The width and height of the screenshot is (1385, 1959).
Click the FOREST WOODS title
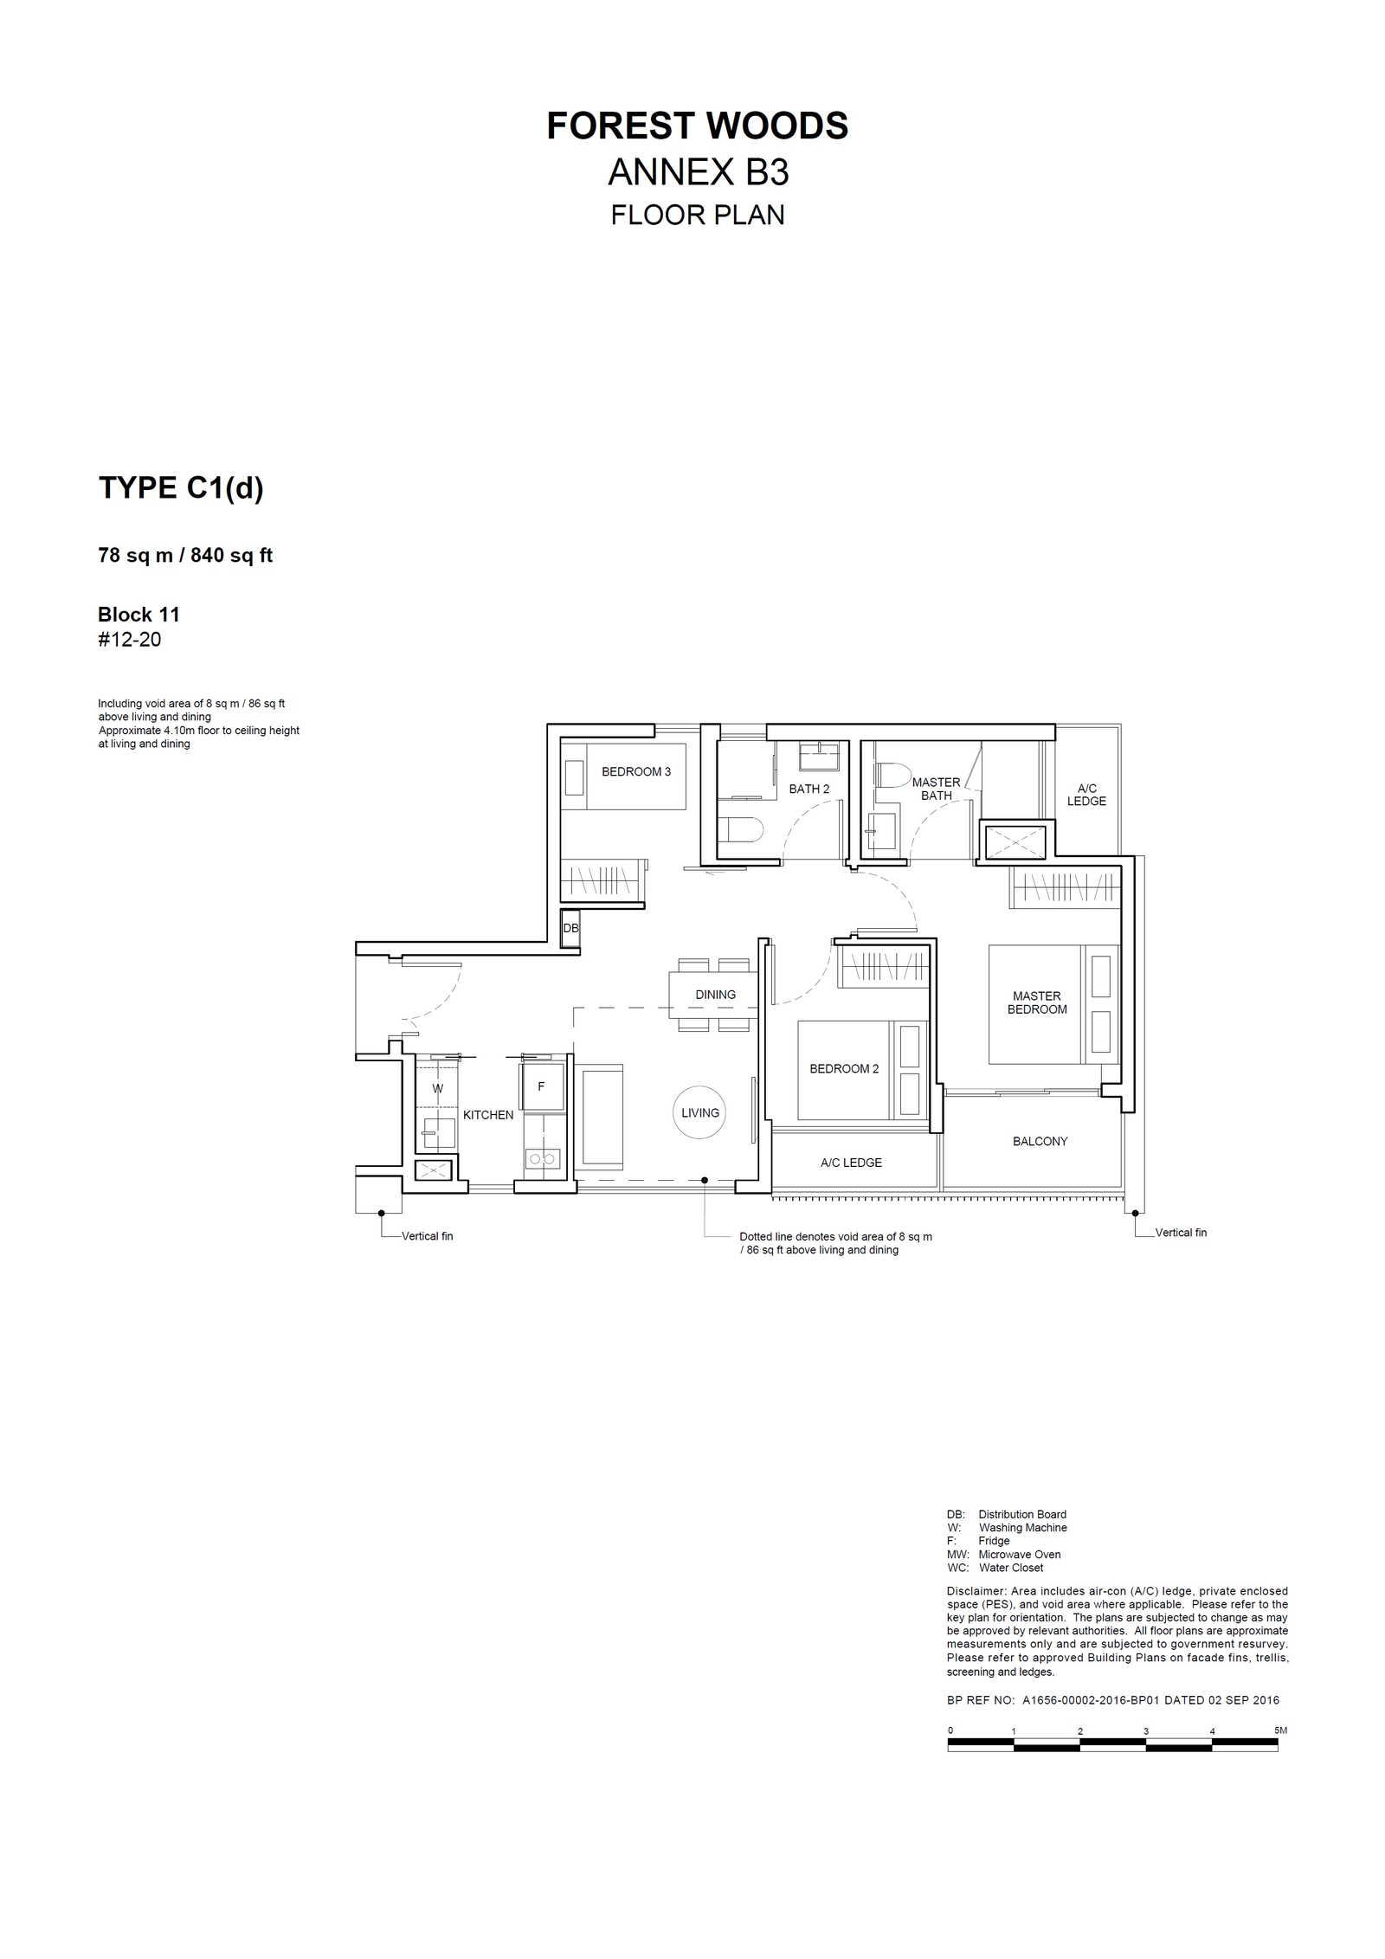click(x=697, y=126)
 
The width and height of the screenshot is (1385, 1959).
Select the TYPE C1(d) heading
click(x=181, y=488)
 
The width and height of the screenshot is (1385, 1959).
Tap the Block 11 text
click(x=138, y=615)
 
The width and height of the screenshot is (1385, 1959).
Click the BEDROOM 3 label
click(x=636, y=771)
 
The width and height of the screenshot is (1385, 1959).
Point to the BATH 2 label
click(x=809, y=789)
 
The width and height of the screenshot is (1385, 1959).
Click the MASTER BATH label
click(x=936, y=789)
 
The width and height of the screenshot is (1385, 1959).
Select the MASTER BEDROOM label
click(x=1037, y=1002)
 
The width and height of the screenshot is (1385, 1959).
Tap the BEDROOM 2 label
click(x=844, y=1068)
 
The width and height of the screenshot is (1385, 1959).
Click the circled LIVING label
click(x=700, y=1112)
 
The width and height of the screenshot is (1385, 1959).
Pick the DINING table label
click(x=715, y=995)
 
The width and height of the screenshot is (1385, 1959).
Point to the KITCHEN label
click(x=488, y=1115)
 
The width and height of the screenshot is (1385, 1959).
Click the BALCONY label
click(x=1040, y=1141)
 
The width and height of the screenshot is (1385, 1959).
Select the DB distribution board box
click(x=570, y=928)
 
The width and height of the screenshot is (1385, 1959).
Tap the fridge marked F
click(x=542, y=1086)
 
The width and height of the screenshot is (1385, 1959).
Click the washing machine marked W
click(x=437, y=1088)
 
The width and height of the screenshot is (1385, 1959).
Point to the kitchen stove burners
click(x=542, y=1158)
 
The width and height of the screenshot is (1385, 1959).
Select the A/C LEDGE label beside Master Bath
click(x=1086, y=795)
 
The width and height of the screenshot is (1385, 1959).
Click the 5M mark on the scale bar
click(x=1280, y=1730)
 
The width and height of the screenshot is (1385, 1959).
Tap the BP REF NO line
click(x=1112, y=1699)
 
